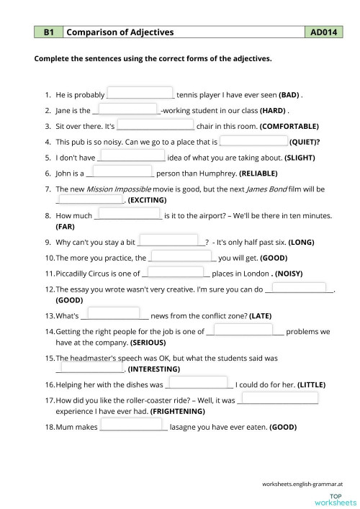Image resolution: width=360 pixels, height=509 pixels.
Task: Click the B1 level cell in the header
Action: (x=49, y=32)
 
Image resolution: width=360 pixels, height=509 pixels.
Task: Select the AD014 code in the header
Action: (x=323, y=32)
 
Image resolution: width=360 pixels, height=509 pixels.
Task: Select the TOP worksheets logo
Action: (x=338, y=500)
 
